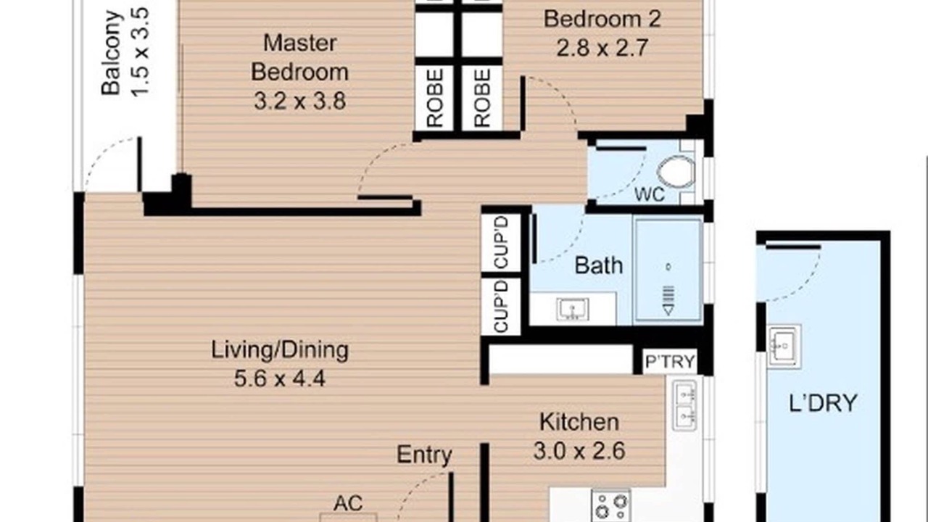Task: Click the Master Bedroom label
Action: coord(299,57)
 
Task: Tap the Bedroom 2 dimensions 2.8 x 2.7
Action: coord(602,48)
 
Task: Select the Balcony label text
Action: coord(111,53)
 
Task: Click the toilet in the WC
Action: coord(676,172)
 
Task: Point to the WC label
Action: coord(650,194)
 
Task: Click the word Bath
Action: coord(599,265)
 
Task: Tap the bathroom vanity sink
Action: coord(573,309)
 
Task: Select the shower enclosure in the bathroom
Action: coord(668,270)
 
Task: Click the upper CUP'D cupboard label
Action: coord(501,242)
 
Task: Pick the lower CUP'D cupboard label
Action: coord(501,306)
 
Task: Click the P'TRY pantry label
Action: coord(670,362)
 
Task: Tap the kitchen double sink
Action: coord(684,406)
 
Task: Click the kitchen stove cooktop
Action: coord(611,506)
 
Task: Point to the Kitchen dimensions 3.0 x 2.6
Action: coord(579,451)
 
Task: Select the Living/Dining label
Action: coord(280,350)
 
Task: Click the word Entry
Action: coord(424,455)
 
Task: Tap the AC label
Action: coord(348,503)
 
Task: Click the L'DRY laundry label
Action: coord(823,402)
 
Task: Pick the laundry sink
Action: coord(784,347)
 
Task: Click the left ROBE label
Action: coord(435,98)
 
